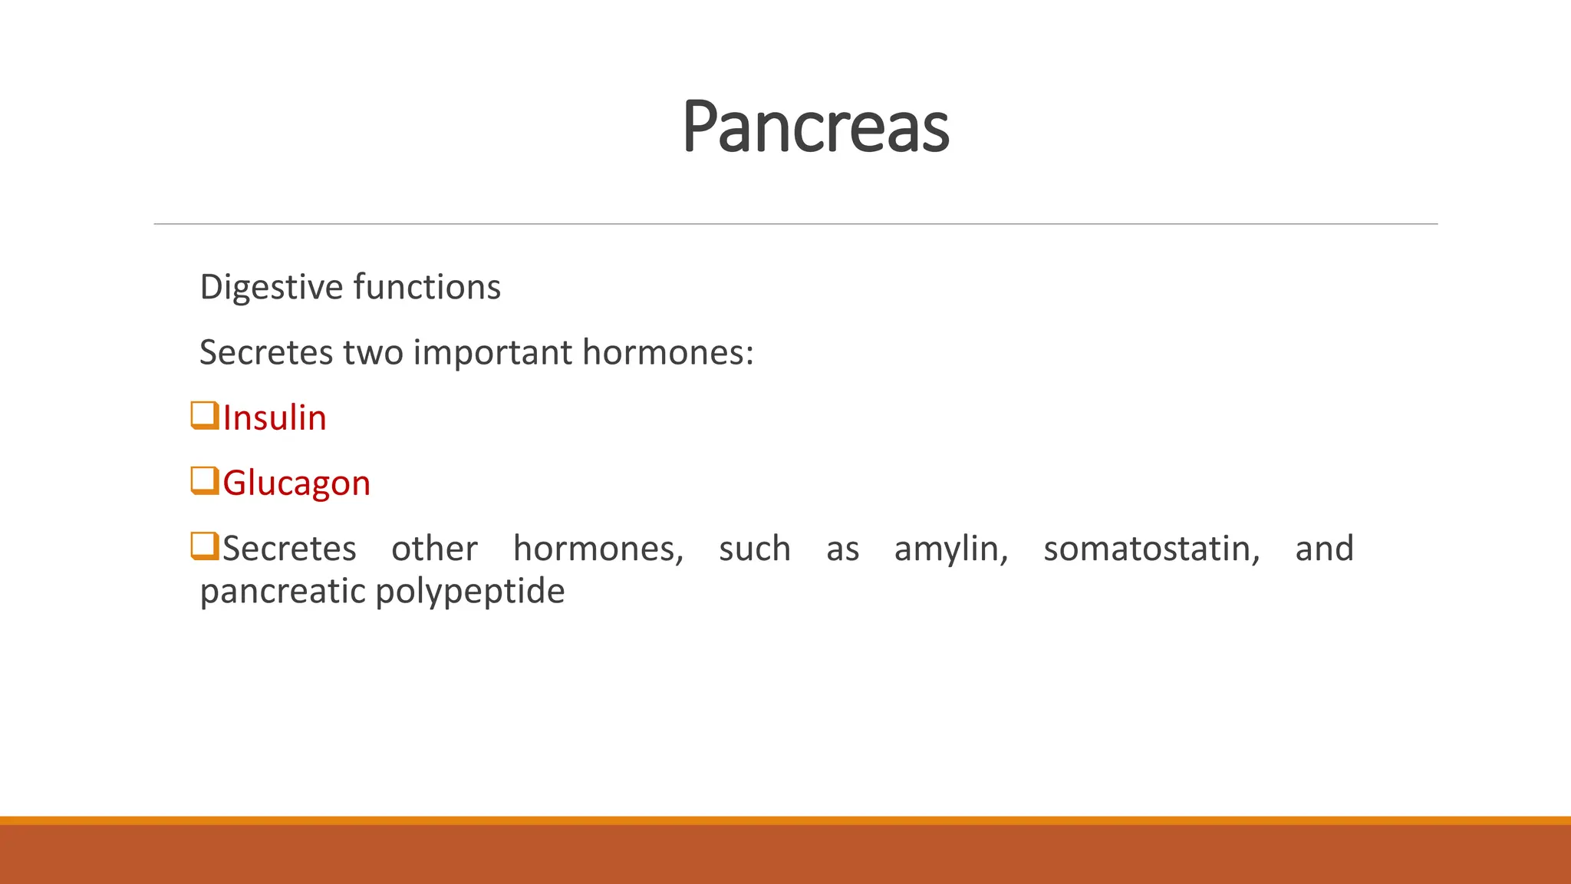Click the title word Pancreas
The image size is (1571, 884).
815,127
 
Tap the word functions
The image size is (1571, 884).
427,287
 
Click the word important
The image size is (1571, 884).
492,353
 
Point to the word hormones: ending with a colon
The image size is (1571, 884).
667,353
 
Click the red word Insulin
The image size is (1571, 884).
275,418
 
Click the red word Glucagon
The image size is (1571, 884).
296,483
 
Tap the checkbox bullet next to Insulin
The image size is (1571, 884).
205,415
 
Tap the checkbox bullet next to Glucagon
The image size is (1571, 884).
205,480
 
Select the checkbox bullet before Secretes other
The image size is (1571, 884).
205,546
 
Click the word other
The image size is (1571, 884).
434,549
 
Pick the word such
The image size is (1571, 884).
754,549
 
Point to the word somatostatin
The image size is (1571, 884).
1151,549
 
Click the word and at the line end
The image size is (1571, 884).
1324,549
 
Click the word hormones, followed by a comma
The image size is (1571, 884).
598,549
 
